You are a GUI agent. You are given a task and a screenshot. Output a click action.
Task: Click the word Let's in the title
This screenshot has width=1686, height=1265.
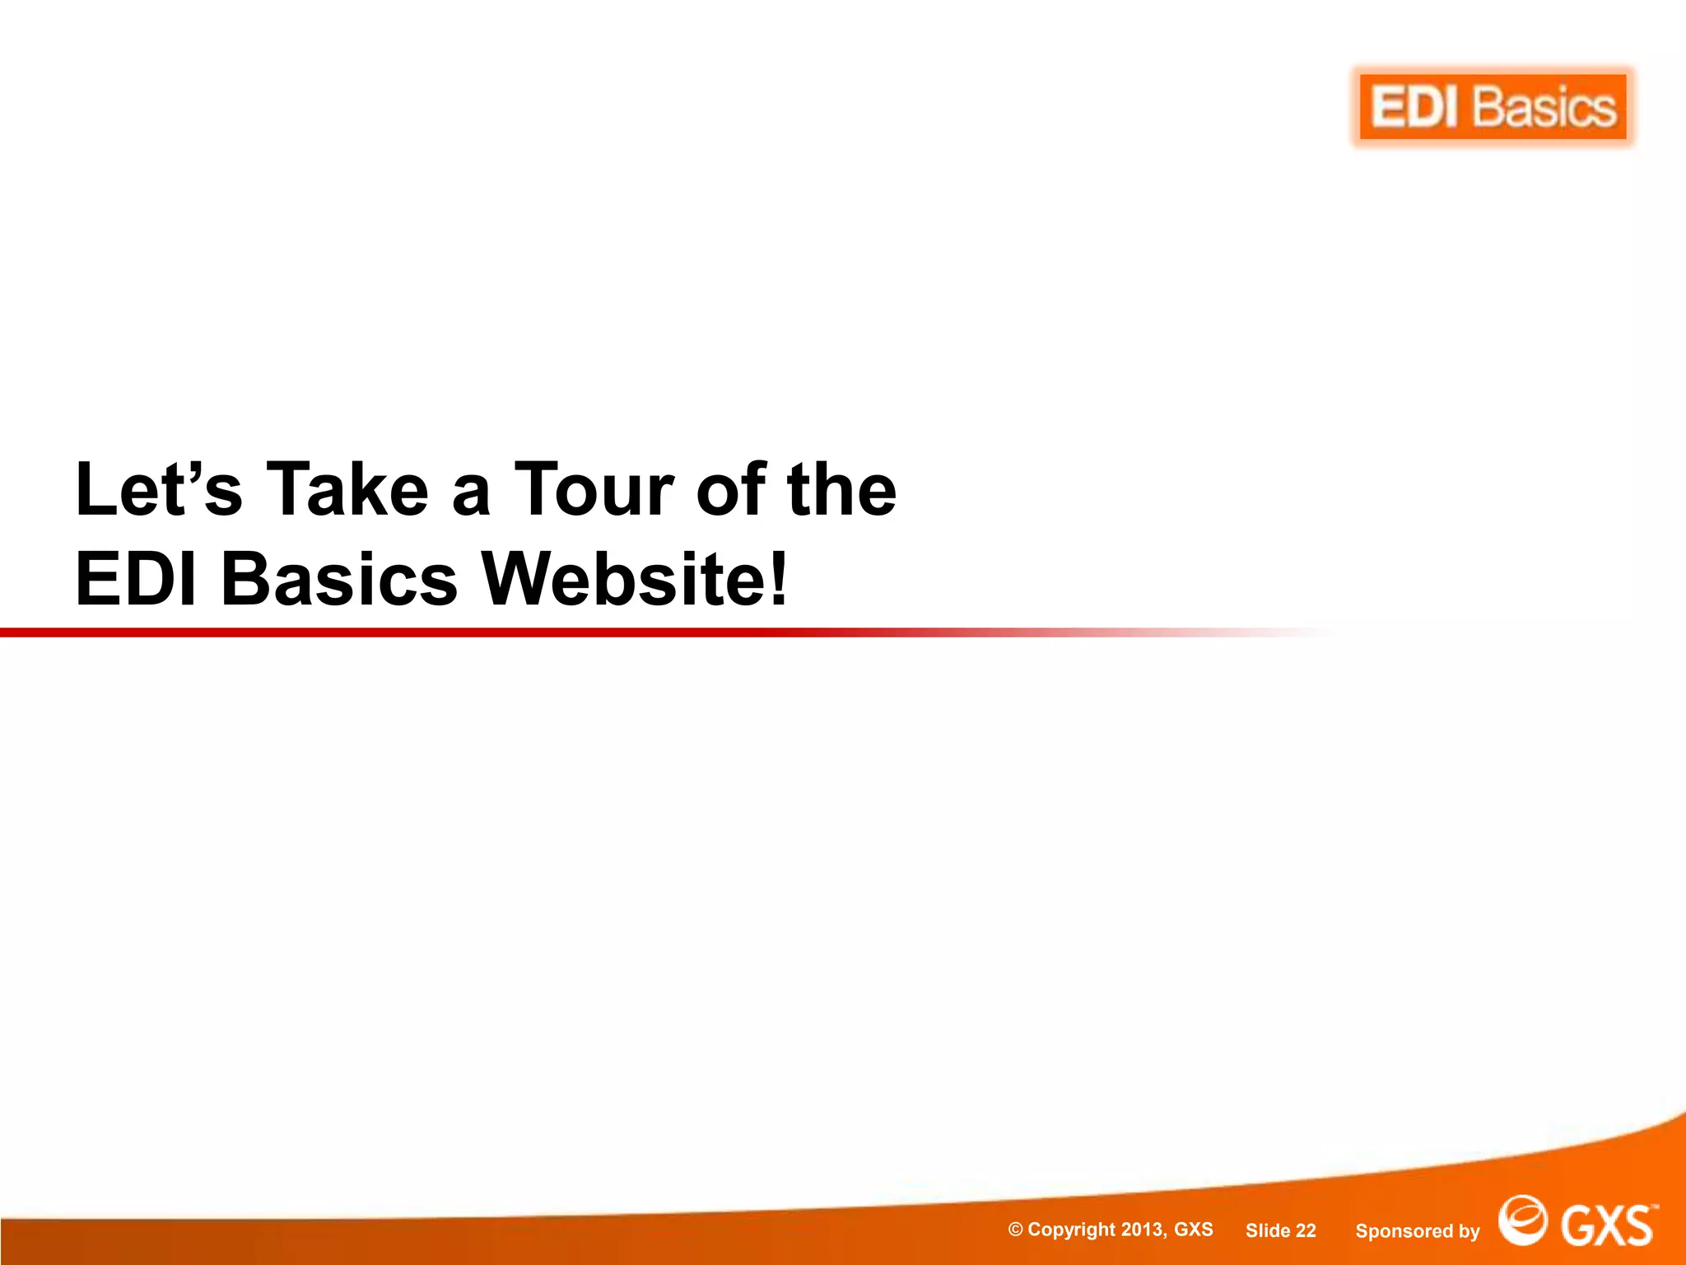pos(159,490)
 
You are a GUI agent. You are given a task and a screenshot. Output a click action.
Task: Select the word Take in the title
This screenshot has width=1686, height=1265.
pos(347,490)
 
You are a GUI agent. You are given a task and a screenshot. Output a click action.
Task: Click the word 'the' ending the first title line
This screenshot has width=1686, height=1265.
pos(841,490)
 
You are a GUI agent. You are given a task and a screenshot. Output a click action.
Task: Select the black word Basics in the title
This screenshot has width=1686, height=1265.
pos(339,579)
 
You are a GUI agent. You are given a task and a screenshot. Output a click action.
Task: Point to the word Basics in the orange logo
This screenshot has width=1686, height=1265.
pos(1544,108)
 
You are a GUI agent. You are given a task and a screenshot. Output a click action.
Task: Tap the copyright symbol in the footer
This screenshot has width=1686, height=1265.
pos(1016,1230)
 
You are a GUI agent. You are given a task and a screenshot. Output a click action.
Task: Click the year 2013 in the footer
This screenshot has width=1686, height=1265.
pos(1143,1230)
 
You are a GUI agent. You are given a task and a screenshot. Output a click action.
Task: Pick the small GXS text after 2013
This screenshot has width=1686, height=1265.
pos(1193,1230)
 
